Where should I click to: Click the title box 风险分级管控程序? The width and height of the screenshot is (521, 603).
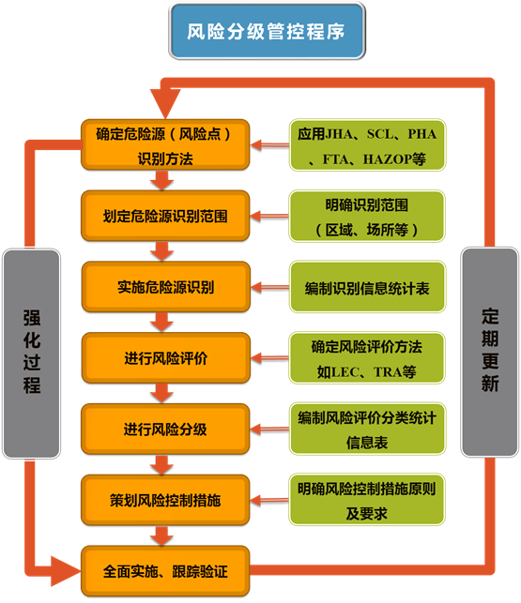[x=265, y=31]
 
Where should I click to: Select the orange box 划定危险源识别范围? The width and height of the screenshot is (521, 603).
[x=165, y=215]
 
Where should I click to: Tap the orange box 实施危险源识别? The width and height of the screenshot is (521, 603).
[x=165, y=286]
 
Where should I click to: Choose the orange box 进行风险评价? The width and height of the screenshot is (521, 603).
[x=165, y=358]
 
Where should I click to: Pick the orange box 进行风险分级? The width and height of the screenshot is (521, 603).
[x=165, y=429]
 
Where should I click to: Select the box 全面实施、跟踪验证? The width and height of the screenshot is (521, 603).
[x=165, y=570]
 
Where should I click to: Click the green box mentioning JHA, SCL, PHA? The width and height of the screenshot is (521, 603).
[x=367, y=144]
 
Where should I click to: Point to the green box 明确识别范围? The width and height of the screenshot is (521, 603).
[x=367, y=216]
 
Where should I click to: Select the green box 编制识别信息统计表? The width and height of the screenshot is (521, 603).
[x=367, y=287]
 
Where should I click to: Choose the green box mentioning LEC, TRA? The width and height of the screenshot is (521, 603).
[x=367, y=358]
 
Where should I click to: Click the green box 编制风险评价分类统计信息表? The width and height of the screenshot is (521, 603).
[x=367, y=429]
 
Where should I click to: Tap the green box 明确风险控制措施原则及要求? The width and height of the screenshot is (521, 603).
[x=367, y=500]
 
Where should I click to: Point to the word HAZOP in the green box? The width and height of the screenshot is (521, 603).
[x=393, y=159]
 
